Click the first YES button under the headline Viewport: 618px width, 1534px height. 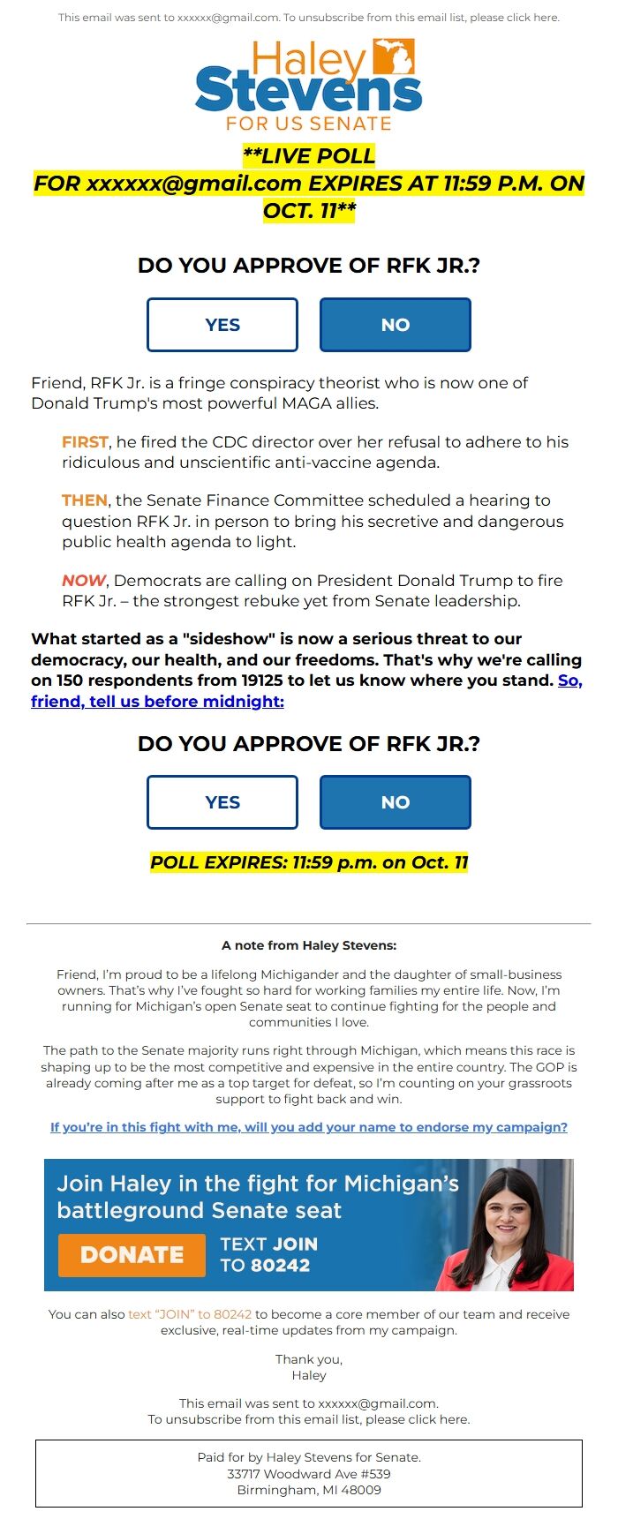click(222, 325)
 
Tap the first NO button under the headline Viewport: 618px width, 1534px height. click(395, 325)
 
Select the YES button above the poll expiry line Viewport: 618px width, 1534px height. click(222, 802)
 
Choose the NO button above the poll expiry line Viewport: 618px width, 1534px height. click(395, 802)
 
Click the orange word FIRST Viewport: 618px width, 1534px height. click(85, 442)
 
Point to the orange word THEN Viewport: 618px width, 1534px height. click(85, 500)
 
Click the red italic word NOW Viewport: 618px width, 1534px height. click(84, 581)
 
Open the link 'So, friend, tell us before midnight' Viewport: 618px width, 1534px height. click(157, 702)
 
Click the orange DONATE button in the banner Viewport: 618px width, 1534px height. click(132, 1254)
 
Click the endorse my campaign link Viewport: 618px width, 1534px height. click(309, 1127)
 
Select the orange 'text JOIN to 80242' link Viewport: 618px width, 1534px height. click(190, 1314)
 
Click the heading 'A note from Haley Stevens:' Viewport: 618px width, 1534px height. click(309, 945)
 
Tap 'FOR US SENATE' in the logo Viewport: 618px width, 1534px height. click(309, 124)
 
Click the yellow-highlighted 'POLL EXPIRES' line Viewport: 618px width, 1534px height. click(309, 862)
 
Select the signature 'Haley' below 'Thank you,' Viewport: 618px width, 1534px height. click(309, 1375)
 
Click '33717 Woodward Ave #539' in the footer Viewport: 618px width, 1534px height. click(309, 1474)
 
